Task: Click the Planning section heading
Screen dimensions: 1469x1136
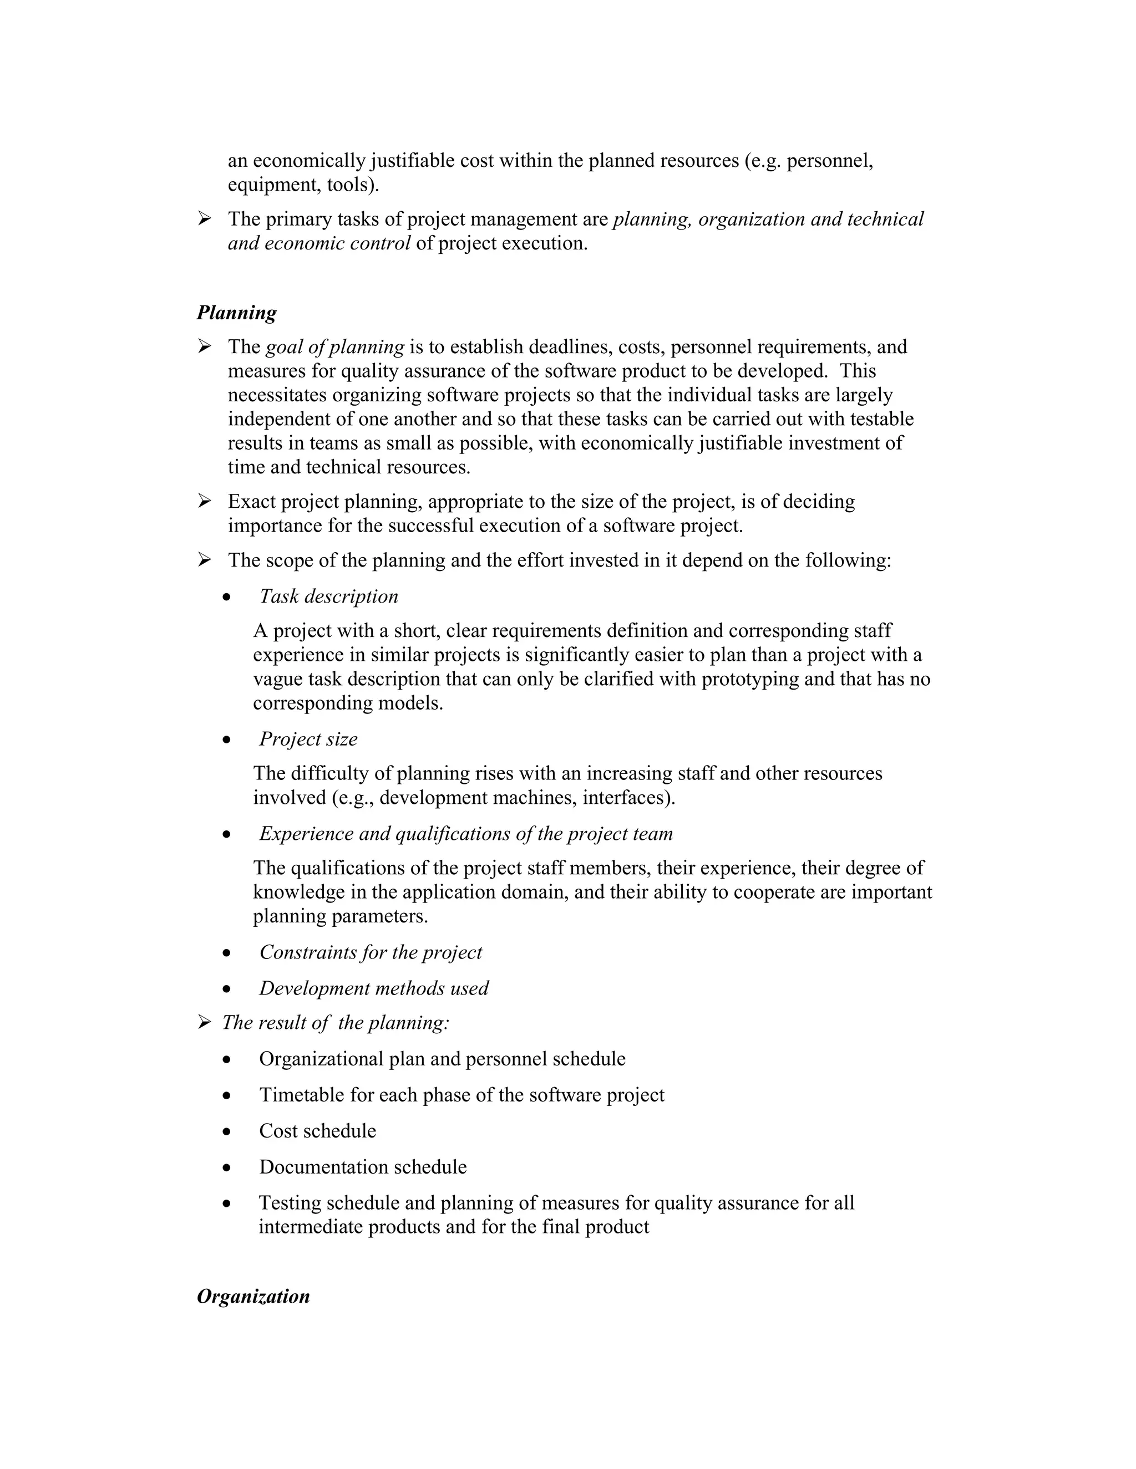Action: [236, 313]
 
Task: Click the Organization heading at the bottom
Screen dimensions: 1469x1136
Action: [253, 1296]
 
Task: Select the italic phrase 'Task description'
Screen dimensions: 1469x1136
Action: [328, 596]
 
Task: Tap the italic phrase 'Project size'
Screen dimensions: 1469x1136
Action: [308, 739]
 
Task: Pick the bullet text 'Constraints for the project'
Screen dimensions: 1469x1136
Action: [371, 952]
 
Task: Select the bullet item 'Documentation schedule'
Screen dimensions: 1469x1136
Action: [363, 1167]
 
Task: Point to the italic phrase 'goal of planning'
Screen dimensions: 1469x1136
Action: [335, 347]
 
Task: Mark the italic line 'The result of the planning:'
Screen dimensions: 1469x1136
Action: [335, 1023]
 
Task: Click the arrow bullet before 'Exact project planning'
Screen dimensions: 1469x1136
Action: [205, 501]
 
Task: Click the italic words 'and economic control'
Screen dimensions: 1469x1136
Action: [319, 243]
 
